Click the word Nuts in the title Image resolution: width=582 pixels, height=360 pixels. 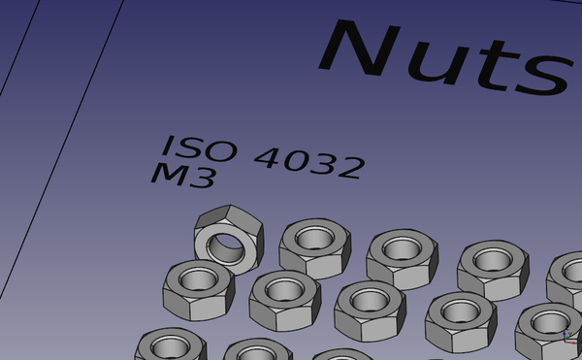click(445, 57)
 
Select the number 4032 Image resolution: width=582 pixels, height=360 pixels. click(310, 163)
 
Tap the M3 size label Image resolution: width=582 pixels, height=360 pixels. click(183, 176)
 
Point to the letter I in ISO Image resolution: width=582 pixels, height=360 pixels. click(168, 145)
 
